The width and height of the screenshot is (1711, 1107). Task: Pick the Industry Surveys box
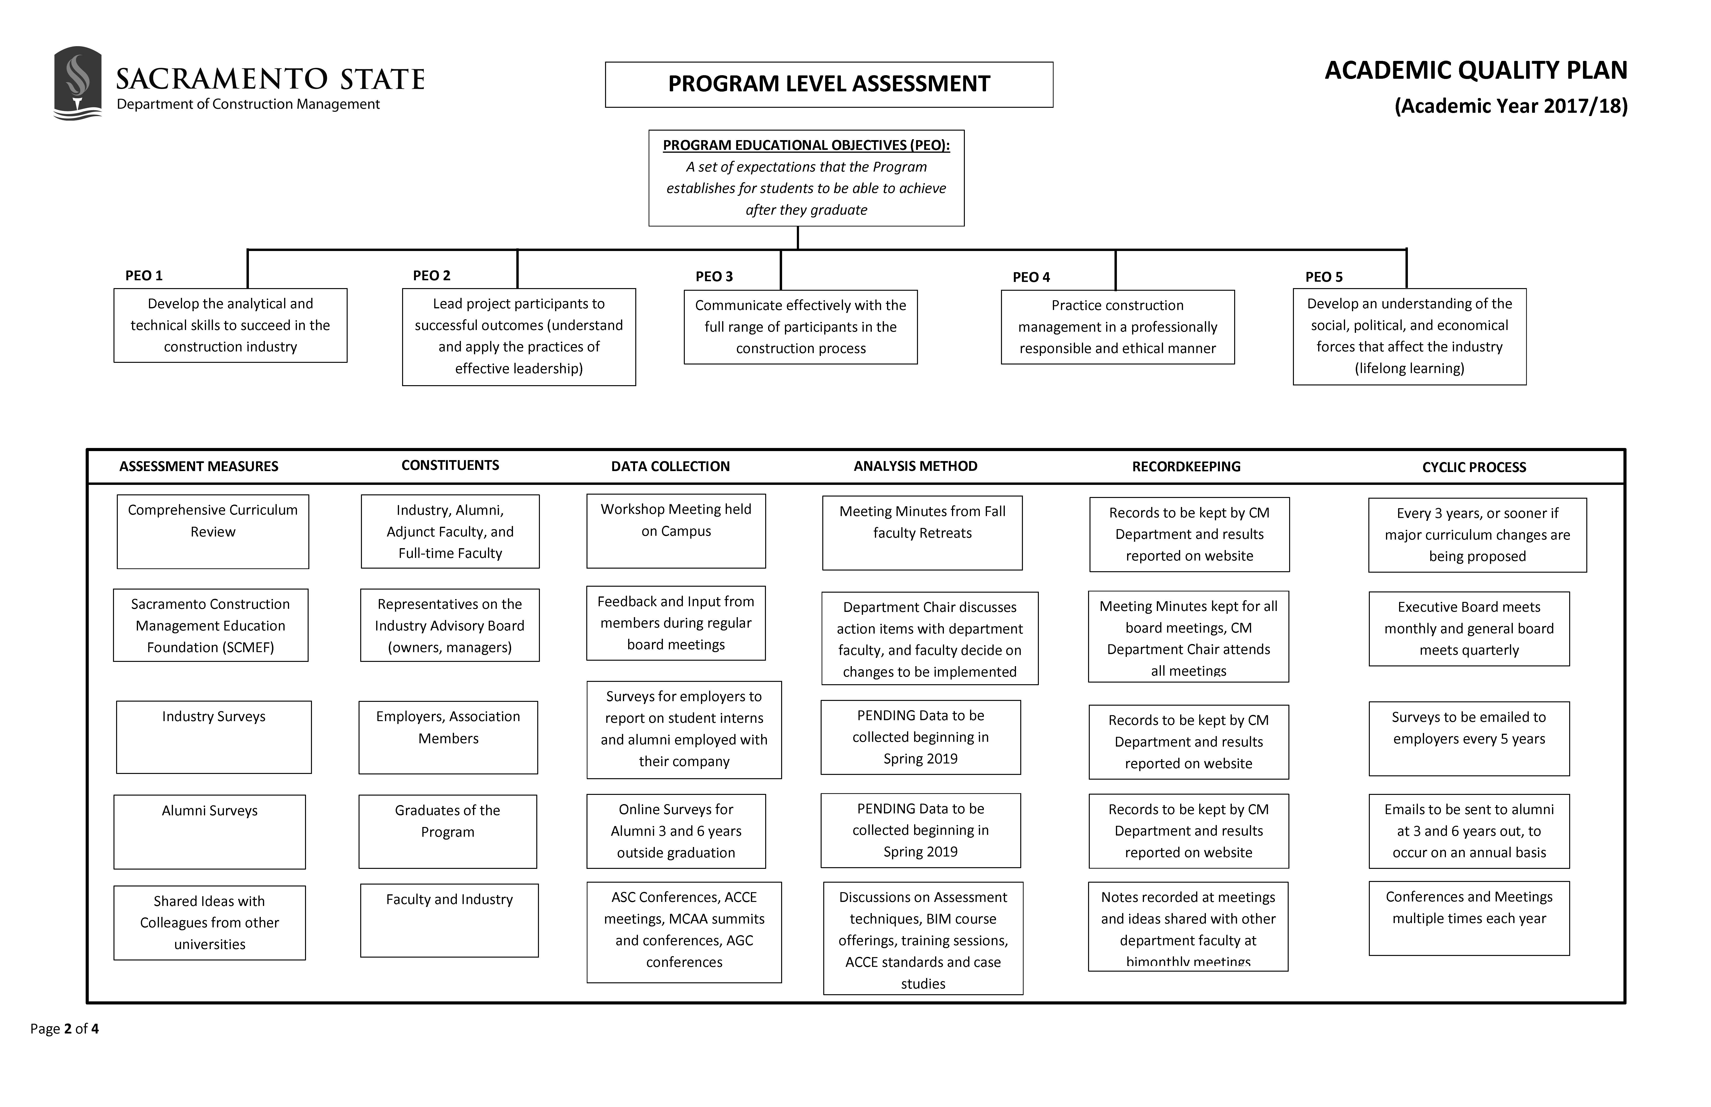pos(213,737)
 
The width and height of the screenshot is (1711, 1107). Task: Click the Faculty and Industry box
pos(449,920)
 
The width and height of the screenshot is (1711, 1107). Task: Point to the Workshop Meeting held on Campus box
pos(676,531)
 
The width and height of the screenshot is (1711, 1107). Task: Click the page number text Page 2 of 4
pos(65,1029)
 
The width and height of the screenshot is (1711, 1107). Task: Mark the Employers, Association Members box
pos(448,737)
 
